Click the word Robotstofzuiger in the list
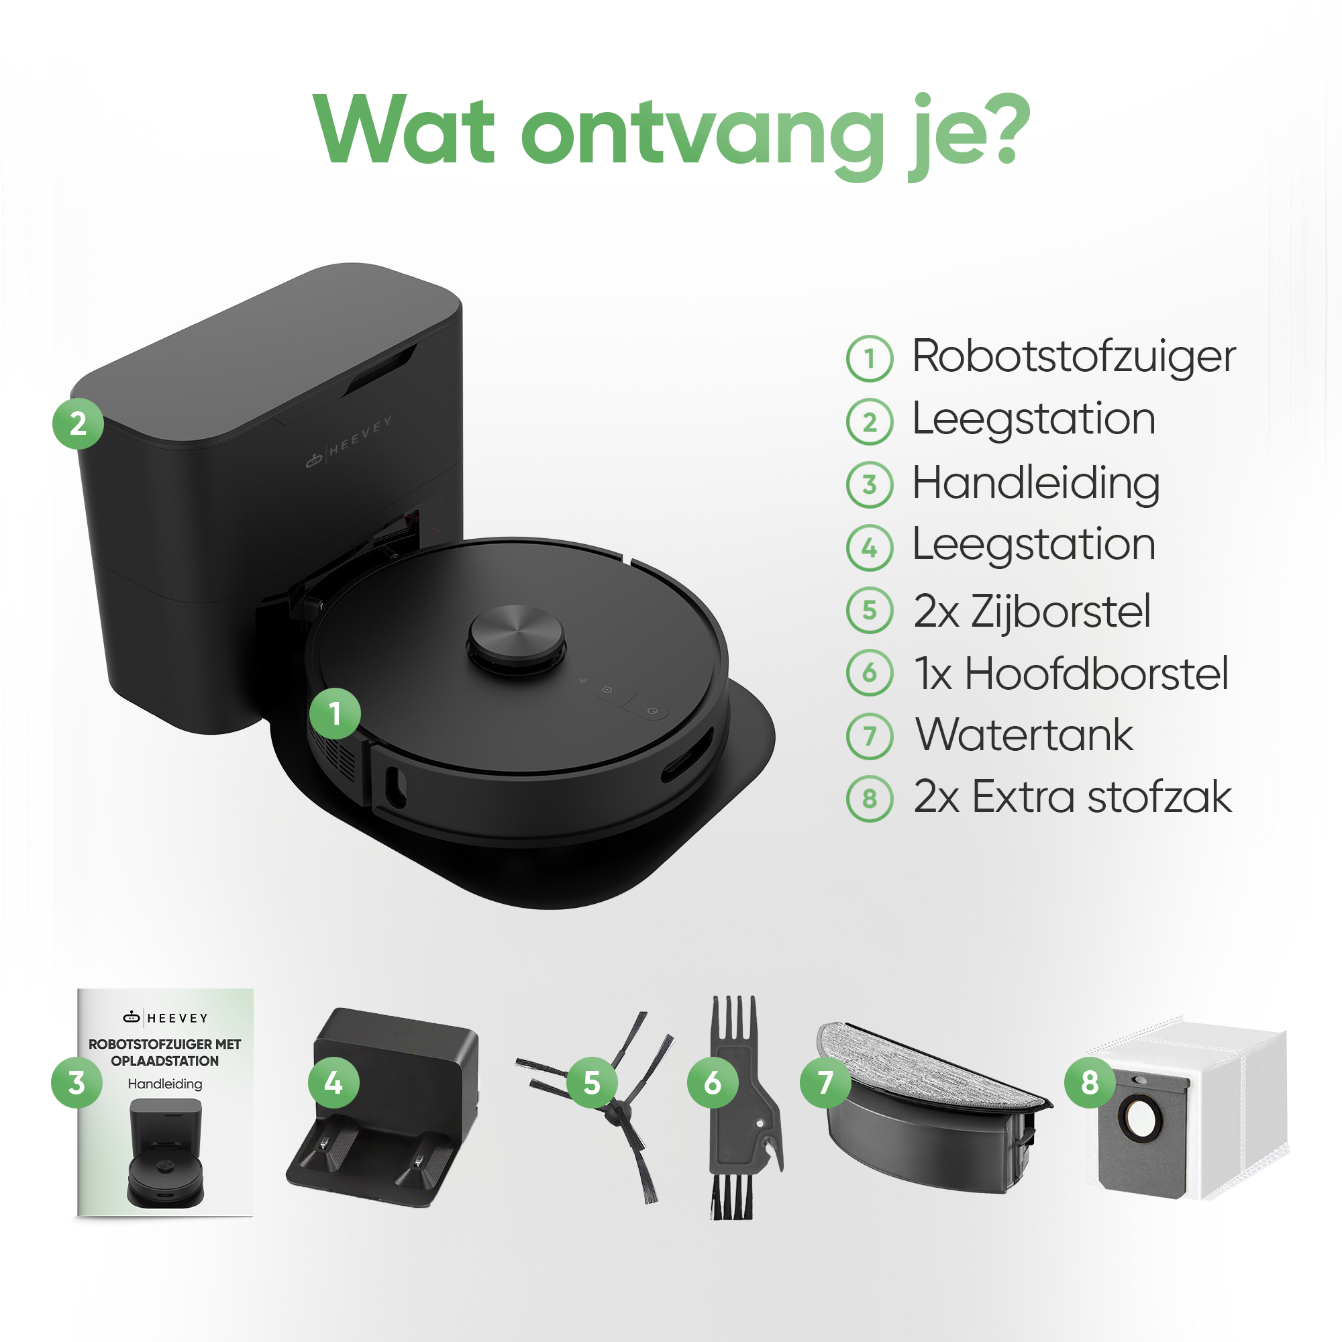[1073, 357]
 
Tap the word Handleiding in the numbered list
[1035, 483]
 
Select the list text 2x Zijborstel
[1032, 611]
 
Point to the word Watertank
[1024, 735]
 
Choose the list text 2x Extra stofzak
[1072, 796]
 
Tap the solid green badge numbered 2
[78, 423]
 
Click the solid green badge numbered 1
[335, 713]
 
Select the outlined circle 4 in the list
[870, 548]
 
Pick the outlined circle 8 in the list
[870, 798]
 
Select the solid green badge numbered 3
[77, 1082]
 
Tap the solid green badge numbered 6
[713, 1082]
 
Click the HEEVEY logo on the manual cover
[165, 1019]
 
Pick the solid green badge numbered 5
[592, 1082]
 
